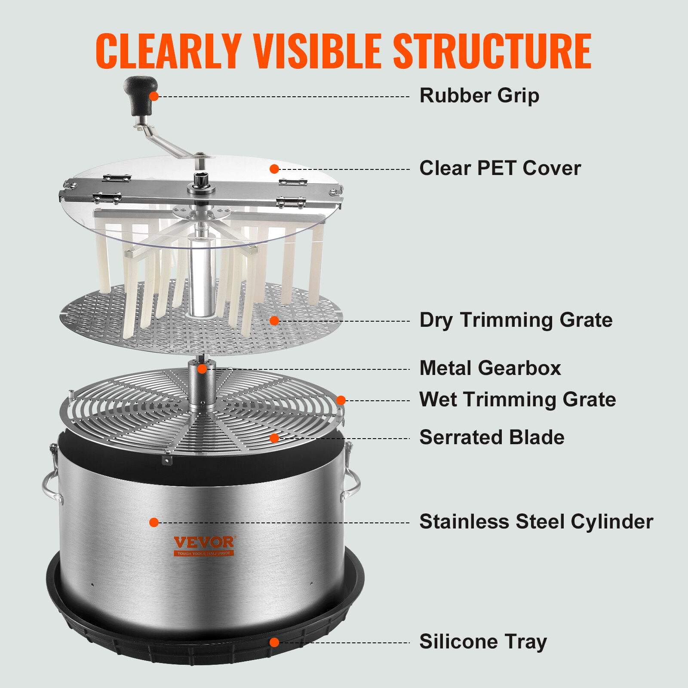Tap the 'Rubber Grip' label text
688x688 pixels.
pyautogui.click(x=479, y=95)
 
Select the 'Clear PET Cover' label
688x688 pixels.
pyautogui.click(x=500, y=168)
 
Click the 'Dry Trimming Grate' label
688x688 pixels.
pyautogui.click(x=516, y=320)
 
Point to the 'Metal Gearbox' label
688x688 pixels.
pyautogui.click(x=490, y=368)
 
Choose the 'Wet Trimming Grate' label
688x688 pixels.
pyautogui.click(x=517, y=399)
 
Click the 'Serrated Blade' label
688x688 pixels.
pyautogui.click(x=491, y=437)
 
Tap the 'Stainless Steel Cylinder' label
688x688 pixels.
pyautogui.click(x=536, y=522)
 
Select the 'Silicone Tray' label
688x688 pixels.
pyautogui.click(x=483, y=642)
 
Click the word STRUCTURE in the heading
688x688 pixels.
pyautogui.click(x=492, y=51)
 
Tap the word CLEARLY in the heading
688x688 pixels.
pyautogui.click(x=168, y=51)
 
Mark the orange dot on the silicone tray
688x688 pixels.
pyautogui.click(x=274, y=642)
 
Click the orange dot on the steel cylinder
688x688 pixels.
pyautogui.click(x=154, y=522)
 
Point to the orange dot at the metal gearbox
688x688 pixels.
pyautogui.click(x=202, y=369)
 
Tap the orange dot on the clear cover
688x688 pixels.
pyautogui.click(x=274, y=169)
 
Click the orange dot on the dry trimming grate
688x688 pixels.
pyautogui.click(x=274, y=321)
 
